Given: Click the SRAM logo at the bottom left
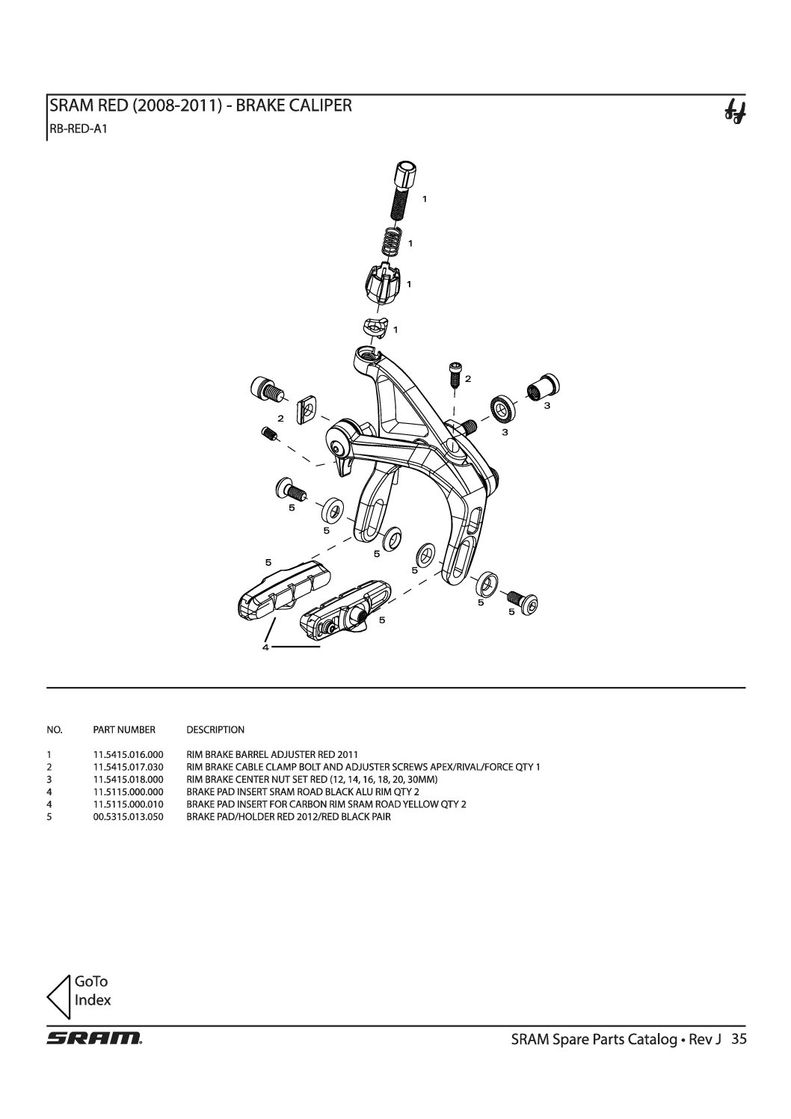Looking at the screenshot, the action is tap(94, 1038).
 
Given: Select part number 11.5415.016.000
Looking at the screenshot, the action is tap(128, 754).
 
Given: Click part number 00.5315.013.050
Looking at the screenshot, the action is tap(128, 817).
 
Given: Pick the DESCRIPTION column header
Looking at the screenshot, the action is tap(215, 730).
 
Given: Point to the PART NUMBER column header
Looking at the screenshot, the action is tap(124, 730).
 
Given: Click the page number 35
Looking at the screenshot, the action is tap(739, 1038).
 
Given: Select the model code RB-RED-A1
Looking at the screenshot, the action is tap(78, 129).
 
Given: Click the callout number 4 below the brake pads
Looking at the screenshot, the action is tap(265, 647).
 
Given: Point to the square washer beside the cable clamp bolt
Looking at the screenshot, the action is tap(307, 410).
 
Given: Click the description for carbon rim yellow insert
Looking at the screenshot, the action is tap(326, 804).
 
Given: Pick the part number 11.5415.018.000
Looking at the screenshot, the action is tap(128, 780).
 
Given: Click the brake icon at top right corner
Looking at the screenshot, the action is tap(735, 112).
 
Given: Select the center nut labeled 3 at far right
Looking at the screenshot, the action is tap(544, 387).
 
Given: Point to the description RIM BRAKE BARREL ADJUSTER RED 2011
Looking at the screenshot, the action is tap(272, 754).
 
